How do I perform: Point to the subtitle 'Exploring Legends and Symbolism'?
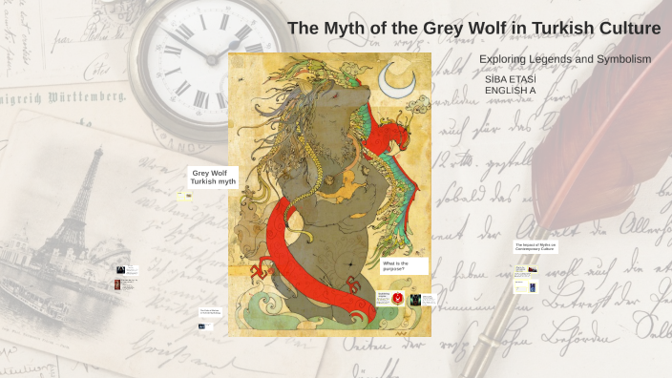click(x=564, y=59)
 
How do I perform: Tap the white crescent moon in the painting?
click(x=394, y=81)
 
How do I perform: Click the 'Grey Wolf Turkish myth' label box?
click(x=213, y=178)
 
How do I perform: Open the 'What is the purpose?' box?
click(x=404, y=265)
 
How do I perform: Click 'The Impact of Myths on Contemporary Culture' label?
click(x=535, y=246)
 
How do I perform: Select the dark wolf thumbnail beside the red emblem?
click(x=415, y=300)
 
